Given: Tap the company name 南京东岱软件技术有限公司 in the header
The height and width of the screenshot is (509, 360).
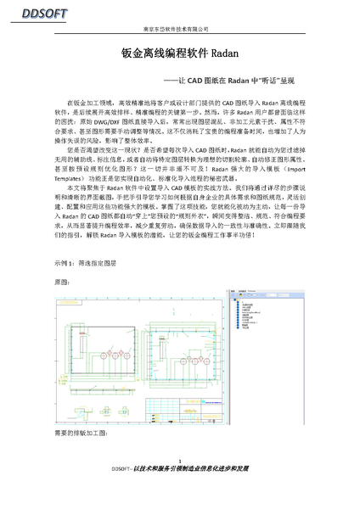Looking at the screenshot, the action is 179,29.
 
